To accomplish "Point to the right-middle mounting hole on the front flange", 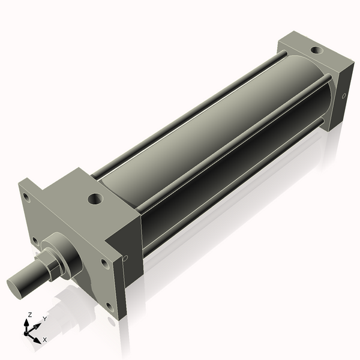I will pyautogui.click(x=104, y=262).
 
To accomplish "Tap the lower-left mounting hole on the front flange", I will pyautogui.click(x=35, y=241).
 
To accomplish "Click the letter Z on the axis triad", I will pyautogui.click(x=29, y=315).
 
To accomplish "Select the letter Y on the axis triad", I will pyautogui.click(x=44, y=319).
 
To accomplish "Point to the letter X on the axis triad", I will pyautogui.click(x=45, y=340).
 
